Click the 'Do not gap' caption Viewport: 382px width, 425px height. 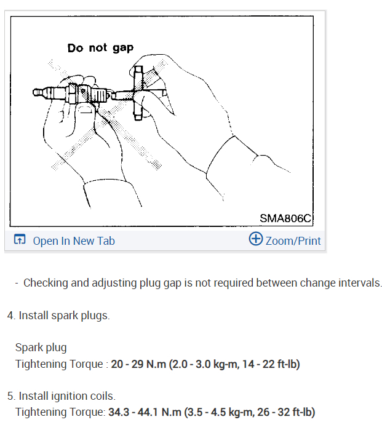[100, 47]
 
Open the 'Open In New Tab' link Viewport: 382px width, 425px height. [74, 240]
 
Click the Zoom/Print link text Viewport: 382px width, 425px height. [293, 240]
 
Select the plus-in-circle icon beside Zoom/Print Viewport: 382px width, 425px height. [255, 239]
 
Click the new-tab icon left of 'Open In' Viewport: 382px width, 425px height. [20, 240]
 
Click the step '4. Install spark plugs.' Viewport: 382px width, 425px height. [58, 316]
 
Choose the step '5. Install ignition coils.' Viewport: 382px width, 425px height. [62, 395]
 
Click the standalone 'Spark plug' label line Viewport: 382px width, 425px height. [41, 348]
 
